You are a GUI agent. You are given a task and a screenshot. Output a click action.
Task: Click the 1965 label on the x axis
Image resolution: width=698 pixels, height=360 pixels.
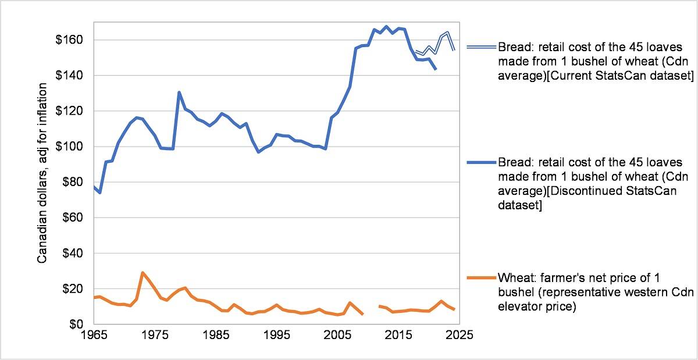[x=94, y=336]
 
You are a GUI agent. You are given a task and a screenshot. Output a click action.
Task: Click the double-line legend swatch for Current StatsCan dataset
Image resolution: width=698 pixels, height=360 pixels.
[x=480, y=47]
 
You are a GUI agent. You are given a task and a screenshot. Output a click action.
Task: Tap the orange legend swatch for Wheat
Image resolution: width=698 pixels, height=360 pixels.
[x=480, y=277]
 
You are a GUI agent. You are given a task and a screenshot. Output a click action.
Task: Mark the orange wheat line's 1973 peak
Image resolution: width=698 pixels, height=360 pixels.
[x=143, y=272]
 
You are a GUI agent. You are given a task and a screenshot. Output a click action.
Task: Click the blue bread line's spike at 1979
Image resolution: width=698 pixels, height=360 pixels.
[x=179, y=92]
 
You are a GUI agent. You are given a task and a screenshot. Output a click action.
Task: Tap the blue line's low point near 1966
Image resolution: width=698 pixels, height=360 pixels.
[x=100, y=193]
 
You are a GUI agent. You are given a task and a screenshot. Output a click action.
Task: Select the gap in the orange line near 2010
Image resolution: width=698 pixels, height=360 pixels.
[x=371, y=310]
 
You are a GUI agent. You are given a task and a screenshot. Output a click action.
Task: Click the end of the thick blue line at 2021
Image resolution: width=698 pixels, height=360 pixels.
[x=435, y=70]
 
